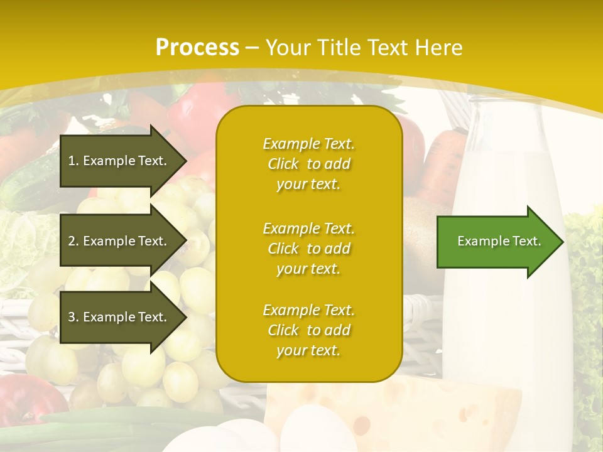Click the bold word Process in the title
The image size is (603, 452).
pyautogui.click(x=197, y=48)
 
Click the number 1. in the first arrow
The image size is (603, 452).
pyautogui.click(x=73, y=161)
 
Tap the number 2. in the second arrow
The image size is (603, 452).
pyautogui.click(x=73, y=241)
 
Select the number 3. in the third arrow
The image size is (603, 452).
pyautogui.click(x=73, y=317)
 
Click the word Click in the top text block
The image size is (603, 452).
pyautogui.click(x=283, y=164)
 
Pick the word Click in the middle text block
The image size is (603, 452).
pyautogui.click(x=283, y=249)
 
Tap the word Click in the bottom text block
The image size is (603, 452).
pyautogui.click(x=283, y=330)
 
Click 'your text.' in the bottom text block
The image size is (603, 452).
pyautogui.click(x=308, y=350)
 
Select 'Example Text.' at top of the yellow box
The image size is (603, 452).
pyautogui.click(x=308, y=144)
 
